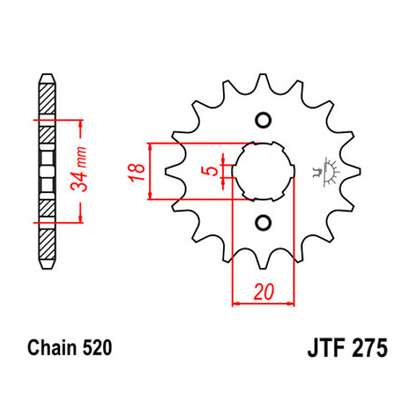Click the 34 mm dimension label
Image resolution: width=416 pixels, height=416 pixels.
coord(78,169)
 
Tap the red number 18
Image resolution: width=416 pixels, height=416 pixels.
coord(136,172)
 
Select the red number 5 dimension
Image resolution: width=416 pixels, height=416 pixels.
coord(213,171)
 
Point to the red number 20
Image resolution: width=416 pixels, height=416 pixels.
coord(264,292)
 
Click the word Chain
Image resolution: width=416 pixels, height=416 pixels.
coord(52,348)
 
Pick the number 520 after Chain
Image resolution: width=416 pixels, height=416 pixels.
coord(97,348)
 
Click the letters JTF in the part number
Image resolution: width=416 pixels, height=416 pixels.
coord(326,348)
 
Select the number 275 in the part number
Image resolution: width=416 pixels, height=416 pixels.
coord(369,348)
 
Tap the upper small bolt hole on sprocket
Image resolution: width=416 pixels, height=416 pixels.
coord(263,120)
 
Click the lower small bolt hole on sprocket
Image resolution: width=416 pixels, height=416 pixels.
coord(263,223)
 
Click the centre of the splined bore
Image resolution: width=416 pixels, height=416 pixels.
coord(264,171)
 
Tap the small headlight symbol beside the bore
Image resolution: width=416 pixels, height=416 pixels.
coord(326,172)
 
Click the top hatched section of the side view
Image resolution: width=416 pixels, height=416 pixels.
coord(47,98)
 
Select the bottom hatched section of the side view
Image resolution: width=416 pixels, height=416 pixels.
coord(47,245)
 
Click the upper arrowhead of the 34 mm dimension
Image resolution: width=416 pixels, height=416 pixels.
coord(81,125)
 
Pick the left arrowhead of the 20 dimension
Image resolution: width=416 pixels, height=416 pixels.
coord(235,304)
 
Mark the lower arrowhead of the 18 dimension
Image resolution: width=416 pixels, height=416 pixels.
coord(151,195)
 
